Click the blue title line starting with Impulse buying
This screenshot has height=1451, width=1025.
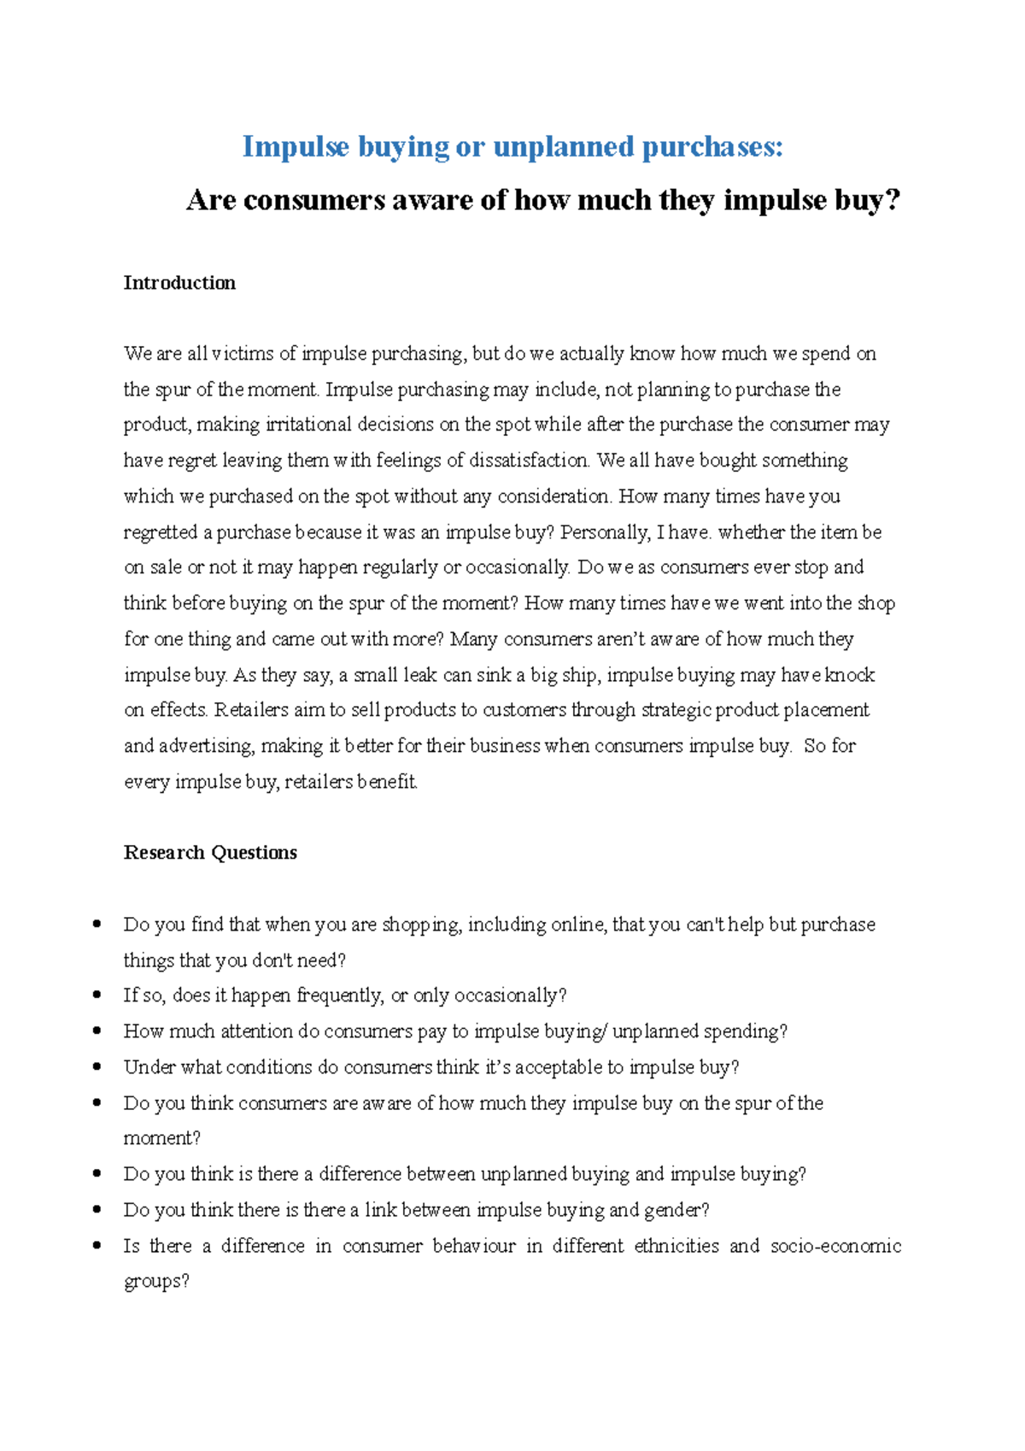512,147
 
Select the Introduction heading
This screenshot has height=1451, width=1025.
179,283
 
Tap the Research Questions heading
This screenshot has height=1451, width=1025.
210,853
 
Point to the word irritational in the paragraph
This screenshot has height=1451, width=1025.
308,425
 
